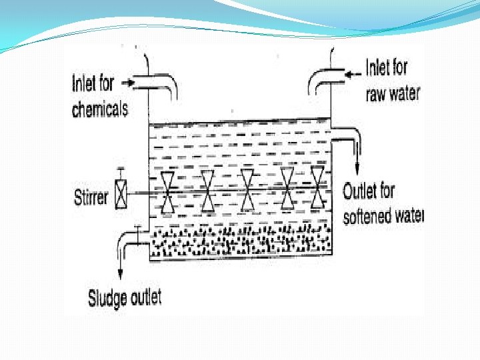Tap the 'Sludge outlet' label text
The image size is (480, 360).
point(125,297)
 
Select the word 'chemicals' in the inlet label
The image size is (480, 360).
point(99,109)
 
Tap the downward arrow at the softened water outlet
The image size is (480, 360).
point(358,165)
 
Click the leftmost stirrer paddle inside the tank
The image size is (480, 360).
point(168,193)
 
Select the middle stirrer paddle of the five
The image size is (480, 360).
point(247,189)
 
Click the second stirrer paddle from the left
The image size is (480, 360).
point(207,191)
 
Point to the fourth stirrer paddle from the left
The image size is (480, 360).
point(288,188)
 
